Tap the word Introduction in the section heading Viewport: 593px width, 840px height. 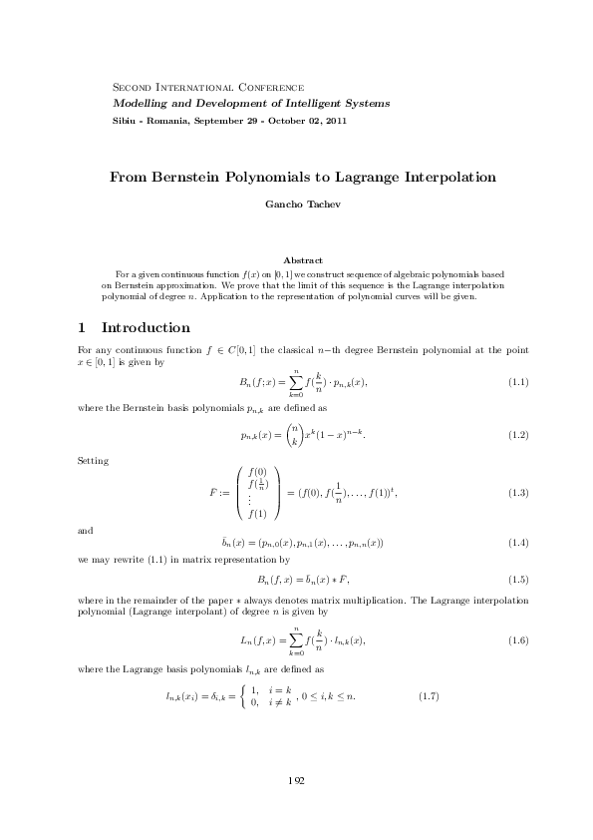(x=146, y=328)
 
